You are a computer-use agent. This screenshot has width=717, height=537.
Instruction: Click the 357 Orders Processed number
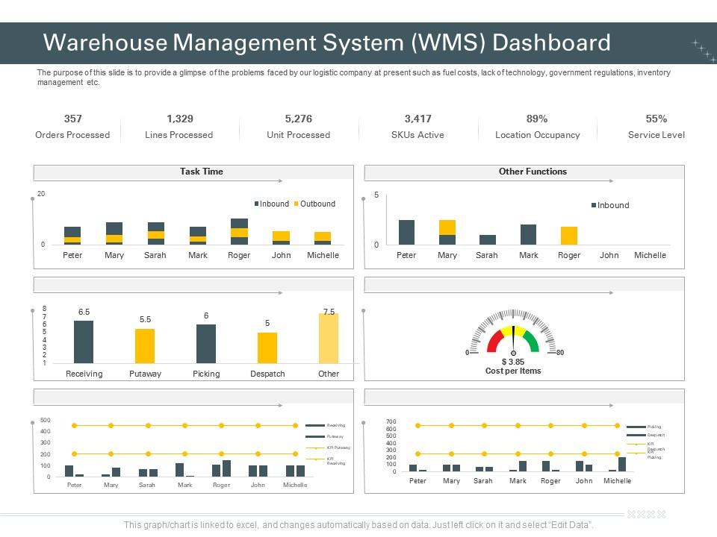(x=72, y=119)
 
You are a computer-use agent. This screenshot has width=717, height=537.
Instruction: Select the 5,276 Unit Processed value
(x=298, y=119)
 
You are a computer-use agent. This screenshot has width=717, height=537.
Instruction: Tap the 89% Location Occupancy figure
(x=537, y=119)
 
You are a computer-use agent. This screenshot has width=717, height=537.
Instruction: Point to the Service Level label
(x=656, y=135)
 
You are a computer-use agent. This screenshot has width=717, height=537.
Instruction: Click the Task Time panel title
(x=201, y=172)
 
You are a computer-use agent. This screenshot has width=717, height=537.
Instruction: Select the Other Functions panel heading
(x=533, y=172)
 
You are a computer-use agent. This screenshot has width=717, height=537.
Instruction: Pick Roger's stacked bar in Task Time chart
(x=239, y=232)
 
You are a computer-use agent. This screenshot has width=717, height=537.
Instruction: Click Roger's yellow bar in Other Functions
(x=569, y=236)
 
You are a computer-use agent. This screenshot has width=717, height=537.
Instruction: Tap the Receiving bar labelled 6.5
(x=84, y=342)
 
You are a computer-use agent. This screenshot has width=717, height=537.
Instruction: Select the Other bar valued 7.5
(x=329, y=338)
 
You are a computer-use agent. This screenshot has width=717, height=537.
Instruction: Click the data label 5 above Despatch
(x=267, y=323)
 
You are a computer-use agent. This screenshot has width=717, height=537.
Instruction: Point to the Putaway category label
(x=145, y=374)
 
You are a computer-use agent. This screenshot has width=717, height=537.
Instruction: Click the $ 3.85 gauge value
(x=513, y=362)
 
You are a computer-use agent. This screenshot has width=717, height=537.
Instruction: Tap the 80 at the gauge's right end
(x=560, y=353)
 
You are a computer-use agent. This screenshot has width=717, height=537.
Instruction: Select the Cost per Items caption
(x=513, y=371)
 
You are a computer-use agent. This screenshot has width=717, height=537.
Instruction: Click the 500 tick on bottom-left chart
(x=45, y=420)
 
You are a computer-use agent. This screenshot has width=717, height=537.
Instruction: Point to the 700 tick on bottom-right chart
(x=391, y=421)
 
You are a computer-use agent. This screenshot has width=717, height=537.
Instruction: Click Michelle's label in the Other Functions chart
(x=650, y=255)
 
